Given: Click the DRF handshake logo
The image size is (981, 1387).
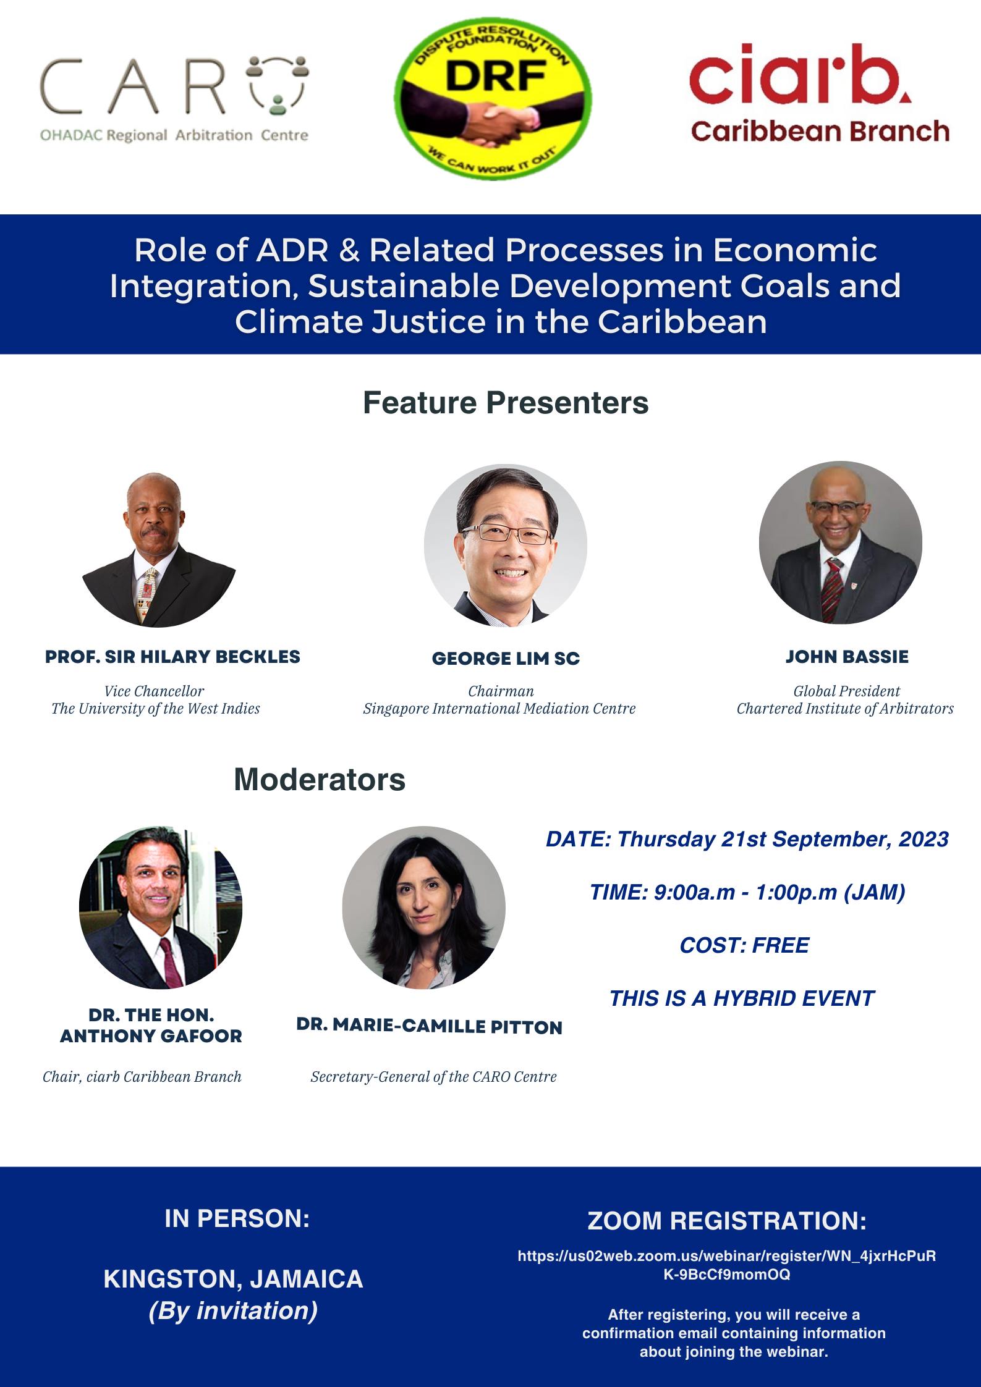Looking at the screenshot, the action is (493, 99).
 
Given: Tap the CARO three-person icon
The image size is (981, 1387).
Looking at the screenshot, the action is (278, 85).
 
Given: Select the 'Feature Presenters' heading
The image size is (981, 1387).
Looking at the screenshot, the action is (506, 403).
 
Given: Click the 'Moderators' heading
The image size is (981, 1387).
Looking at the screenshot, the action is (320, 780).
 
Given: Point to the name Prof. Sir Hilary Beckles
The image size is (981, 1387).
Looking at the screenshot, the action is (172, 657).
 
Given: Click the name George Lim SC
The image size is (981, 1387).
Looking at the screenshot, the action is (506, 659).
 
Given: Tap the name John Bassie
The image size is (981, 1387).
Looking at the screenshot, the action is (847, 657).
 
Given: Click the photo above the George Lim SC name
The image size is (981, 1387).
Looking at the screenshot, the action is (506, 546).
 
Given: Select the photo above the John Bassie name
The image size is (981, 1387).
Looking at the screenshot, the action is (841, 542).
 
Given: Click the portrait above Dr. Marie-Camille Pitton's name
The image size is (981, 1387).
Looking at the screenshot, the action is (423, 908).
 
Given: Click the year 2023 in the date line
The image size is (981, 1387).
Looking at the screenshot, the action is (924, 839).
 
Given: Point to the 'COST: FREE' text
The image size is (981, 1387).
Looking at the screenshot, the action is (744, 945).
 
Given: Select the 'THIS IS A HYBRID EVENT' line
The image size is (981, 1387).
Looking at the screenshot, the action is (742, 998).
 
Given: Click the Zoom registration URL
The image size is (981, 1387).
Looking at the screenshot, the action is (727, 1265).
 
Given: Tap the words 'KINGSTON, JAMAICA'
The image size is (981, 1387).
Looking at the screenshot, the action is (233, 1279).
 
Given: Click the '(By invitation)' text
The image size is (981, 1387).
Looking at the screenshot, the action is (233, 1311).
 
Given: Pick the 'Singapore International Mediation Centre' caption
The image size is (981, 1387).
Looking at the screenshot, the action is (499, 709).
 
